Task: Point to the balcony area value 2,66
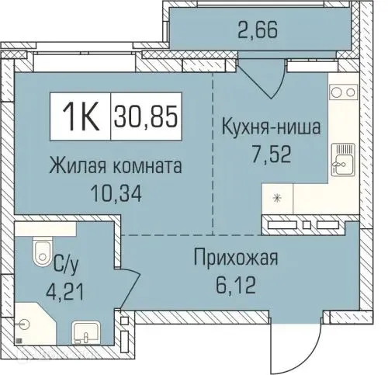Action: [256, 33]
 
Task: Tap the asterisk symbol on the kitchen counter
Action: [277, 196]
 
